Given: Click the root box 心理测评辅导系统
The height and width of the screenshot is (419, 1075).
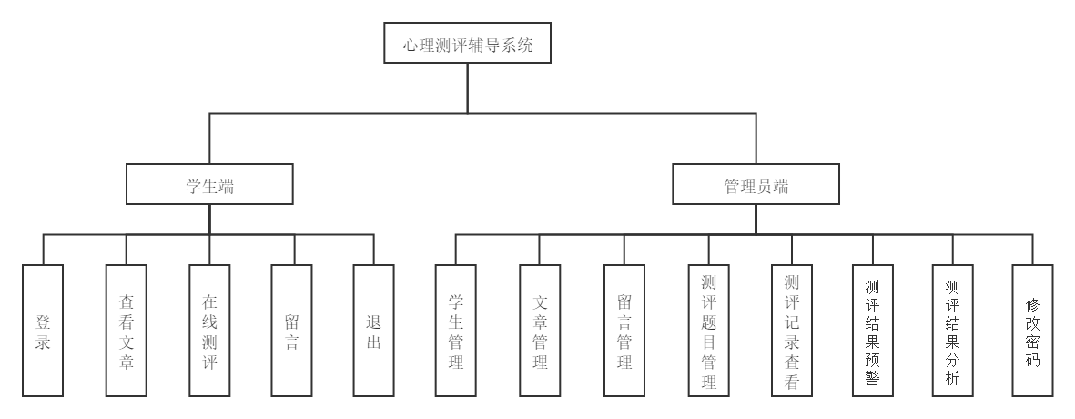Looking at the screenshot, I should click(467, 44).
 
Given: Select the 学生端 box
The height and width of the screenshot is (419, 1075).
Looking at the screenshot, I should click(209, 184).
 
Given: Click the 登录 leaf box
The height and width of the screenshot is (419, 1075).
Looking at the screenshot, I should click(43, 331).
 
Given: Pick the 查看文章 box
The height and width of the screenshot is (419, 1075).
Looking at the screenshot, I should click(127, 331).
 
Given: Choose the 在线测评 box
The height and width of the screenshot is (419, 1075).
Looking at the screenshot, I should click(209, 331).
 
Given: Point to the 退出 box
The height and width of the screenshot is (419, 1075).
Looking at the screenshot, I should click(374, 331).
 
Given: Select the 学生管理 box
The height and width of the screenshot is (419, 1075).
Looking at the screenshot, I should click(456, 331).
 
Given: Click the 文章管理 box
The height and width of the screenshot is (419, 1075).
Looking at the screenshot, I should click(540, 331).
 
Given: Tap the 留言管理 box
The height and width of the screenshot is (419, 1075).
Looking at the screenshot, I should click(624, 331).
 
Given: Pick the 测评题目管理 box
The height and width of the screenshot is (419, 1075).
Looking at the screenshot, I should click(709, 331).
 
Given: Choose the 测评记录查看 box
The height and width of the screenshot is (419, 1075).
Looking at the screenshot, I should click(792, 331).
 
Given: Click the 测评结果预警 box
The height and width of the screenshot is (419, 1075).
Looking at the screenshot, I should click(873, 331).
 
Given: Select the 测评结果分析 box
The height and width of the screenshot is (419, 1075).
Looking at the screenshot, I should click(953, 331).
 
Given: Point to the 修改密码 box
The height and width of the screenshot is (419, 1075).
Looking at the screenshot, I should click(1032, 331).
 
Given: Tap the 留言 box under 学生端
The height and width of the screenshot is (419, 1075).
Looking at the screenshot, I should click(292, 331).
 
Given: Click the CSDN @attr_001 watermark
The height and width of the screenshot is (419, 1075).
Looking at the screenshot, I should click(1013, 404).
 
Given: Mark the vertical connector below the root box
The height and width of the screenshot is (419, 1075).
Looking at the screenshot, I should click(468, 87).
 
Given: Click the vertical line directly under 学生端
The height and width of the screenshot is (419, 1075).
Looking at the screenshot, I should click(209, 219).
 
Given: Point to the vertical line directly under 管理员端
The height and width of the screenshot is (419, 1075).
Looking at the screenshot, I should click(756, 219).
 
